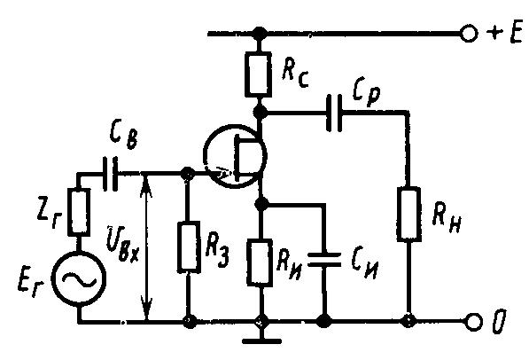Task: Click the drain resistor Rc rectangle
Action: click(258, 74)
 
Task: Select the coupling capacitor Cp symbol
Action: click(334, 113)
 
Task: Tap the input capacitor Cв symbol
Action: click(111, 174)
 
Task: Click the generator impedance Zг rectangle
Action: click(79, 212)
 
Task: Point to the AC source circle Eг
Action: click(79, 279)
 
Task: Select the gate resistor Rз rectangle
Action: click(189, 247)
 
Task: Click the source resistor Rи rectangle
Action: click(260, 262)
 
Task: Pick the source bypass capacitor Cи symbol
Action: click(324, 260)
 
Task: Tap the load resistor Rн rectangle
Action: click(408, 214)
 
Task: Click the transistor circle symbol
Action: click(235, 156)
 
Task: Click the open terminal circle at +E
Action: click(469, 34)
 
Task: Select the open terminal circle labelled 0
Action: click(473, 321)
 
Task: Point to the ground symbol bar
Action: click(261, 341)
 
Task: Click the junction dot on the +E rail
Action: click(260, 33)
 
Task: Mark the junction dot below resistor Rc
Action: click(260, 112)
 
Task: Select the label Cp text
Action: click(366, 92)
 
